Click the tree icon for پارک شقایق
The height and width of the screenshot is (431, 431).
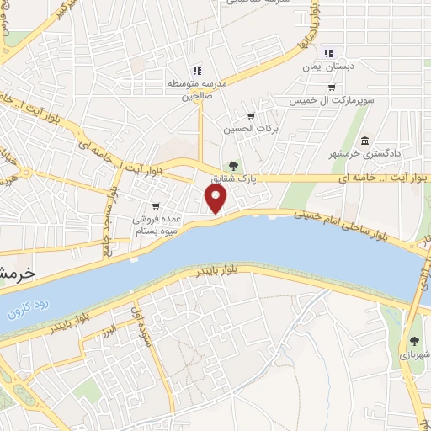pos(233,166)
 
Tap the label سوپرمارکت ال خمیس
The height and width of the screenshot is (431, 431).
pos(334,100)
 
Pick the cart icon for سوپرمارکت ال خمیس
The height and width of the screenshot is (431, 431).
pos(332,87)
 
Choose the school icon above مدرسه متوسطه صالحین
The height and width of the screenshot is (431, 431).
pos(196,71)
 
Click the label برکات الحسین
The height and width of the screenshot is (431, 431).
pos(250,130)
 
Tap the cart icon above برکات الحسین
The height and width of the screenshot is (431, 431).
pos(250,116)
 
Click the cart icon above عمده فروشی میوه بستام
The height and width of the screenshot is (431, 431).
pos(156,206)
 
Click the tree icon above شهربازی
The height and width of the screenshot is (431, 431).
pos(414,341)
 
